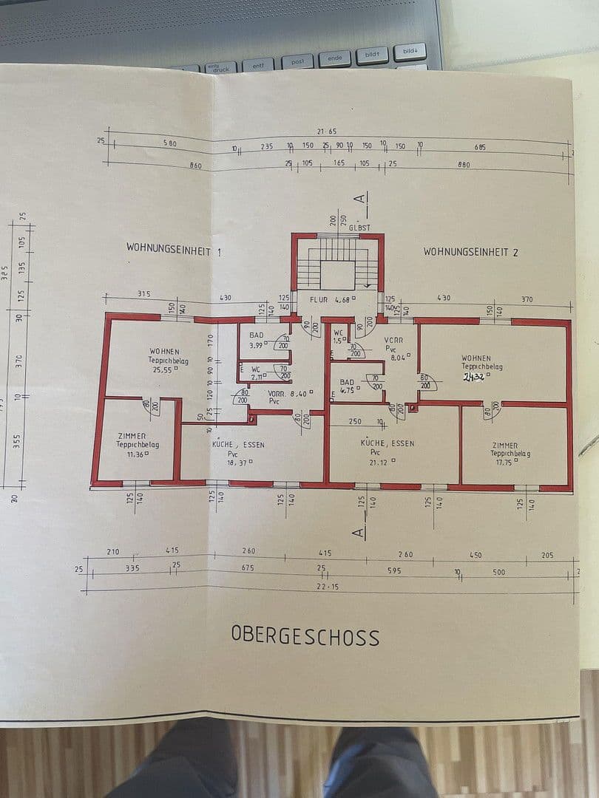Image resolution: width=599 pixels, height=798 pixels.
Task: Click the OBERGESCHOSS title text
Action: point(305,636)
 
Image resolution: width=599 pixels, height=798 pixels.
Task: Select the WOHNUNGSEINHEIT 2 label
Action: point(470,252)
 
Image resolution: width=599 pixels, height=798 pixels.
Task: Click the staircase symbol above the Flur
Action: point(337,265)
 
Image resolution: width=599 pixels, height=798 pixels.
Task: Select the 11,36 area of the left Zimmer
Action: point(135,454)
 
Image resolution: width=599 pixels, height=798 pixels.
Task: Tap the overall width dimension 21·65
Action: point(328,132)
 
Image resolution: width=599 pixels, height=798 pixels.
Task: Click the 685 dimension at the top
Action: point(481,147)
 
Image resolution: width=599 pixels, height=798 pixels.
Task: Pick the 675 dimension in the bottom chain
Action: point(248,567)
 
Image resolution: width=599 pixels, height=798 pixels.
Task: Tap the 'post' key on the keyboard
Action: point(297,62)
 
